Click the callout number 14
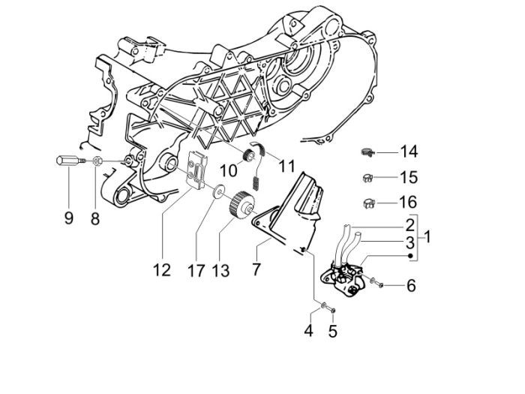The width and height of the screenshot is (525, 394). [408, 152]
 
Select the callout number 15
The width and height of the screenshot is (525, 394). [408, 179]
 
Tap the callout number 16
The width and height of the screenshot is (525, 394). [408, 203]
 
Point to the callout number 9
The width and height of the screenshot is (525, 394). [68, 218]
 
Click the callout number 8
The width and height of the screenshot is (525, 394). [95, 218]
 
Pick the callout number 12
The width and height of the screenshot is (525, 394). [162, 269]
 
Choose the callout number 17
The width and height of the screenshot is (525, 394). [196, 269]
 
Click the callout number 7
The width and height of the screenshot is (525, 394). [256, 268]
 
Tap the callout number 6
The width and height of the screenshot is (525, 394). [410, 285]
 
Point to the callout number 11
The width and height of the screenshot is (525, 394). [268, 165]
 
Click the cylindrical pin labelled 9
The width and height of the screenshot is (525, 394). [67, 161]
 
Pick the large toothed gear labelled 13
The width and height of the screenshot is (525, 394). [241, 203]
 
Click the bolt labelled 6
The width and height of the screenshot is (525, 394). [376, 283]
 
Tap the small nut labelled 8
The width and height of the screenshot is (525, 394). [98, 161]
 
